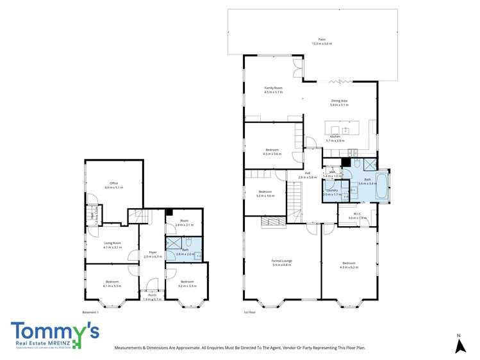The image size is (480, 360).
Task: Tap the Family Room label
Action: point(274,88)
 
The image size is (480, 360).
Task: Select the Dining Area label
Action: point(340,101)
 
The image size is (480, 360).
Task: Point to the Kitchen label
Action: point(335,137)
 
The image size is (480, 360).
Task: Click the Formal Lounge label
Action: point(281,261)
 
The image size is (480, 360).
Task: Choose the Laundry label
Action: point(332,190)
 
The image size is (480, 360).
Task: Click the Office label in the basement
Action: point(113,184)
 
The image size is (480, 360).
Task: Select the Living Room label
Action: point(113,244)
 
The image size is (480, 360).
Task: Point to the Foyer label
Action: point(153,252)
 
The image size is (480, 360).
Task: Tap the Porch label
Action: point(152,294)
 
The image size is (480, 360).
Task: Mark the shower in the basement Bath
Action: point(173,244)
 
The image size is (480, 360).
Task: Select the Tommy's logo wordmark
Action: point(54,332)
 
